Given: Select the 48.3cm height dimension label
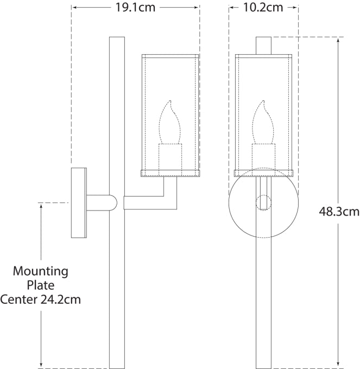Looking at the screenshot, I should click(339, 211).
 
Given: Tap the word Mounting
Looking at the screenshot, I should click(41, 271).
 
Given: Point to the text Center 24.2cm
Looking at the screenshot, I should click(41, 299).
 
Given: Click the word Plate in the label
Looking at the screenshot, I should click(41, 285).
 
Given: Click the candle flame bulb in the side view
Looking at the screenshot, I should click(170, 122).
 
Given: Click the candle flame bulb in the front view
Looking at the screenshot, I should click(263, 122).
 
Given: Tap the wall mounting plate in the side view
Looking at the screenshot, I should click(79, 203).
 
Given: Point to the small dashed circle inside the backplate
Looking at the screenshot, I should click(263, 203).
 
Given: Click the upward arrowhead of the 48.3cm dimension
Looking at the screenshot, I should click(339, 40).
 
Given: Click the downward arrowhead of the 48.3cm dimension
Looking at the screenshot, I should click(339, 364).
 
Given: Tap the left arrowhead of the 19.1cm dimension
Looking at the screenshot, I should click(75, 8).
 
